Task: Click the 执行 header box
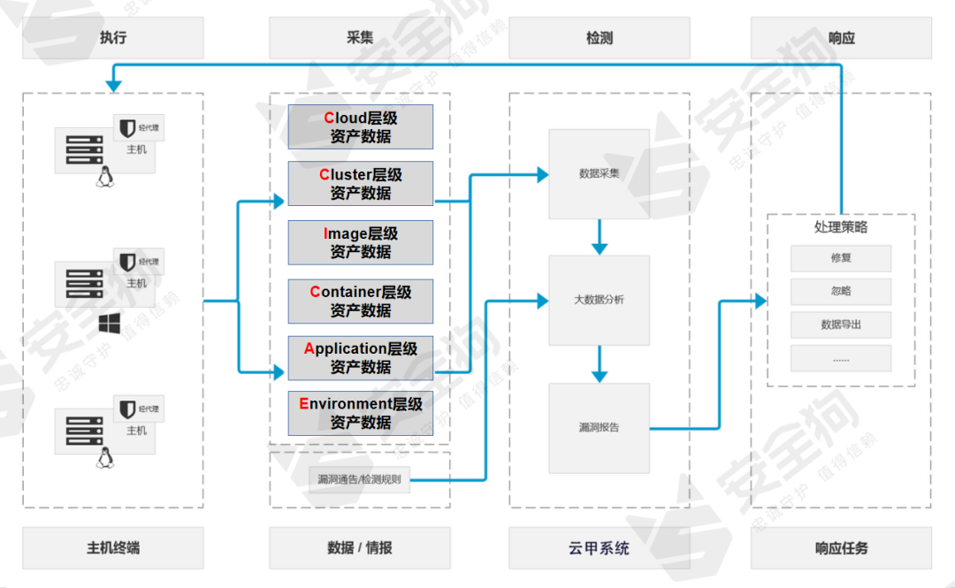click(x=113, y=38)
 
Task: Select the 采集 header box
click(x=360, y=38)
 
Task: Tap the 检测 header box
click(x=600, y=38)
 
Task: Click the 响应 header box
click(x=841, y=38)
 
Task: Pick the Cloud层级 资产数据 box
click(x=360, y=126)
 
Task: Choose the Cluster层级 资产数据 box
click(x=360, y=183)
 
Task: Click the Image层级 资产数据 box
click(x=360, y=242)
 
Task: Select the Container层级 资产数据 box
click(x=360, y=301)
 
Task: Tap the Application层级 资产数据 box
click(x=360, y=357)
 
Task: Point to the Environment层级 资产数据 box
click(x=360, y=413)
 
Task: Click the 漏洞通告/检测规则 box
click(x=360, y=479)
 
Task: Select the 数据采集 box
click(x=599, y=173)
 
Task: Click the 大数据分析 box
click(x=599, y=300)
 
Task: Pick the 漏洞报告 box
click(x=599, y=427)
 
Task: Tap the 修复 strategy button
click(x=840, y=258)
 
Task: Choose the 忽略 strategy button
click(x=840, y=291)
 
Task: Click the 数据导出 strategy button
click(x=840, y=325)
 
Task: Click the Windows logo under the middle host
click(x=110, y=324)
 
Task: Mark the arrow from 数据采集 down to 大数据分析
click(x=600, y=237)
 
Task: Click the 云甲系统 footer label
click(x=600, y=548)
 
